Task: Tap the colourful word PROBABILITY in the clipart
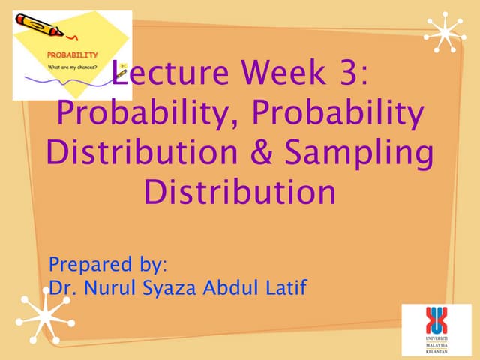(x=73, y=55)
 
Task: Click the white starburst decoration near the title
(x=445, y=32)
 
